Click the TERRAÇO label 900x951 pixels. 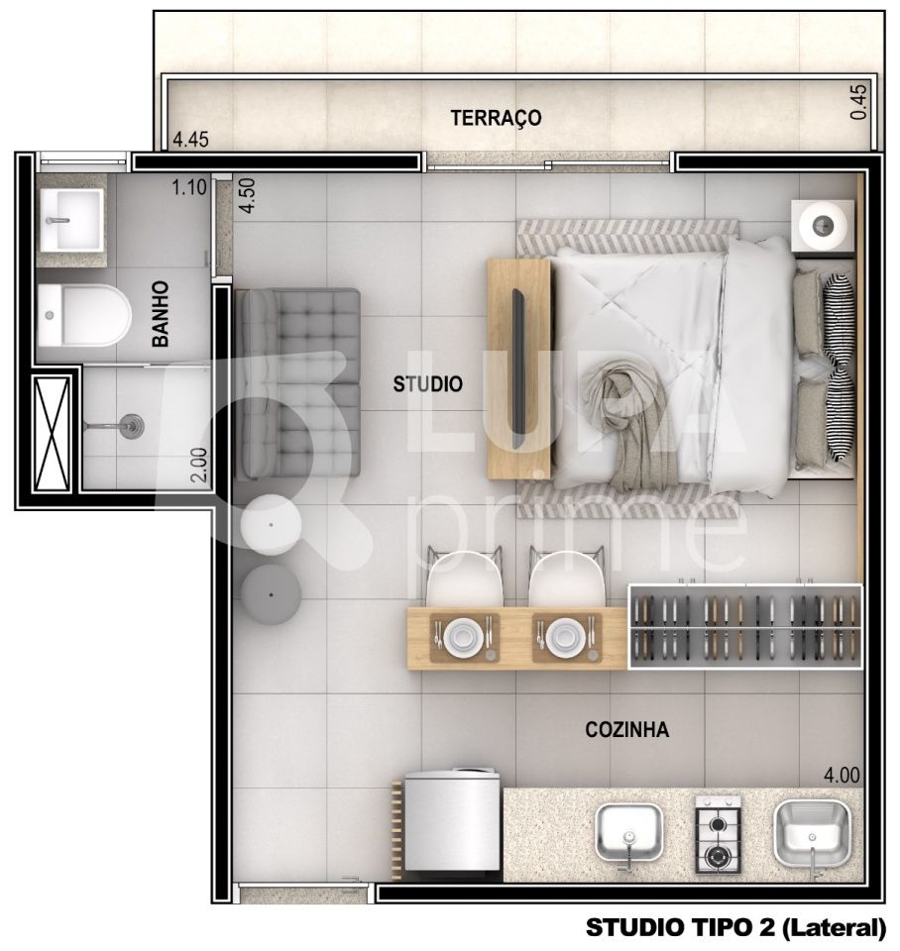pyautogui.click(x=496, y=118)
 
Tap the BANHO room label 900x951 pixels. pyautogui.click(x=161, y=313)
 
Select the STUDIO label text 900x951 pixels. pyautogui.click(x=427, y=384)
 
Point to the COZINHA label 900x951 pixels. pyautogui.click(x=626, y=730)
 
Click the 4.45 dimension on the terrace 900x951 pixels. pyautogui.click(x=190, y=140)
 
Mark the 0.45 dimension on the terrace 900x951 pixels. pyautogui.click(x=858, y=102)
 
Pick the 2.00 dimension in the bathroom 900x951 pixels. pyautogui.click(x=198, y=464)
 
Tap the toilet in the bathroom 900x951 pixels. pyautogui.click(x=83, y=316)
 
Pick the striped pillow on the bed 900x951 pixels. pyautogui.click(x=840, y=368)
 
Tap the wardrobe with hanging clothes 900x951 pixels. pyautogui.click(x=745, y=626)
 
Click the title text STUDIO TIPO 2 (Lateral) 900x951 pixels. pyautogui.click(x=734, y=928)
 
